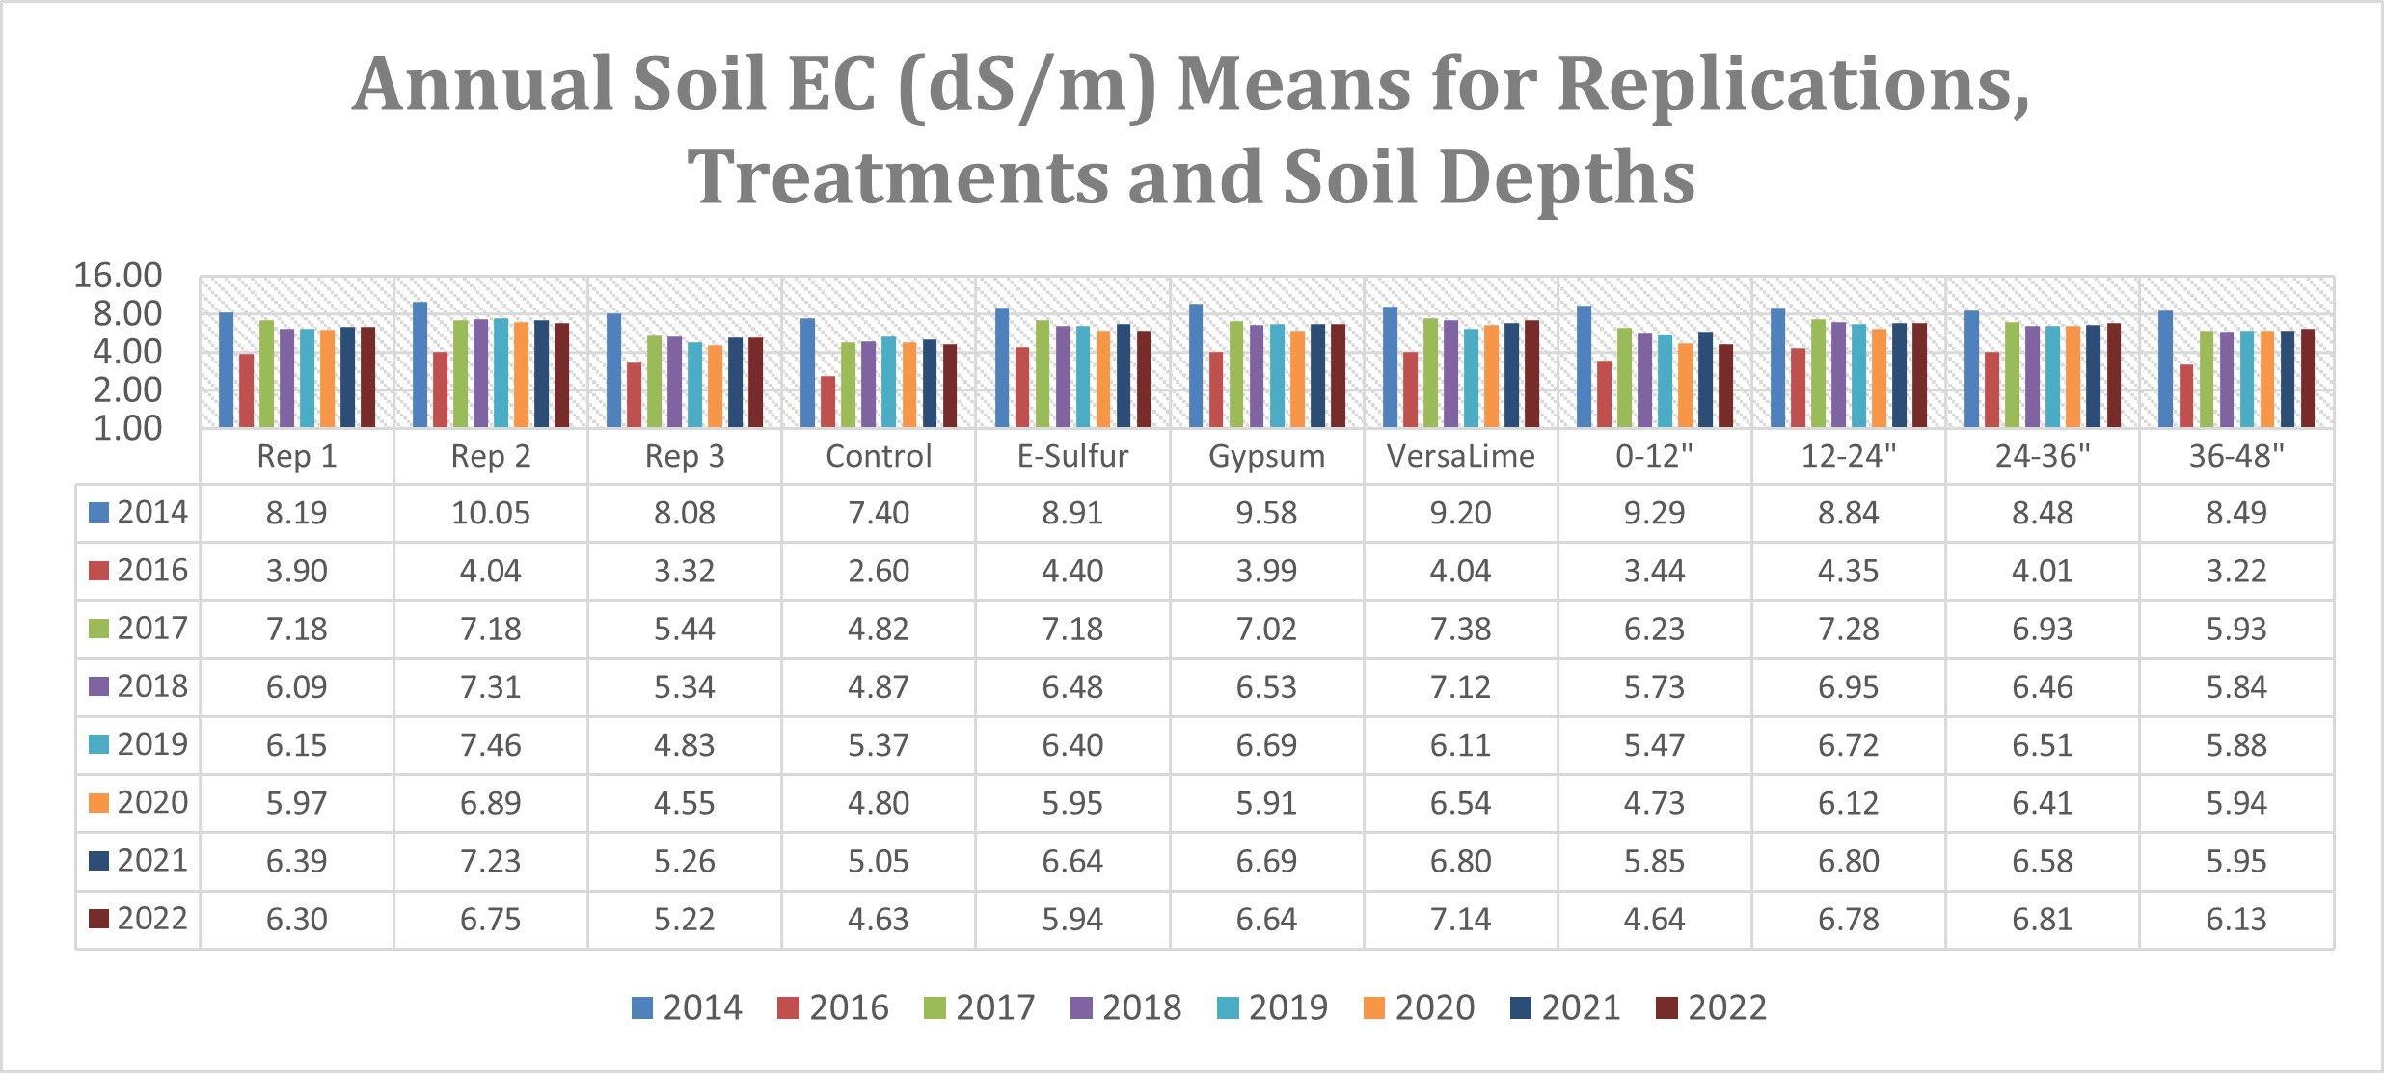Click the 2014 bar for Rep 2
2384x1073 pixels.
(420, 364)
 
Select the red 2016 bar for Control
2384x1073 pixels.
(827, 401)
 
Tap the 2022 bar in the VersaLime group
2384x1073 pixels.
(1531, 374)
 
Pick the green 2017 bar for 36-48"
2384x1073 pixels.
(2206, 379)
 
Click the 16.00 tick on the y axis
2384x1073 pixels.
(118, 276)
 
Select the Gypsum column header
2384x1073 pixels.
(1266, 456)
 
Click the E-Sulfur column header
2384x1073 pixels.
(1072, 456)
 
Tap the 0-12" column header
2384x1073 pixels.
(1654, 456)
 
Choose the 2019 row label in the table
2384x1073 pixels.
(151, 744)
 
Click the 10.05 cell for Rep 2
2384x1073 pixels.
(491, 513)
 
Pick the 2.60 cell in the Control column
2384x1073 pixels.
(878, 571)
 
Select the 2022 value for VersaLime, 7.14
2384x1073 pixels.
(1460, 920)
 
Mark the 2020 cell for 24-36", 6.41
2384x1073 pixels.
(2042, 803)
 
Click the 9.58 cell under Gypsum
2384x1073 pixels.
(1266, 513)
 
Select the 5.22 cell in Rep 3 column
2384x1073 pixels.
(684, 920)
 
